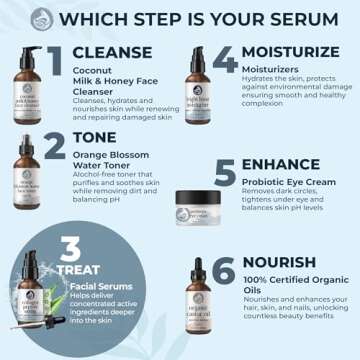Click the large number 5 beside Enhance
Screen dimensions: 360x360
[226, 174]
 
